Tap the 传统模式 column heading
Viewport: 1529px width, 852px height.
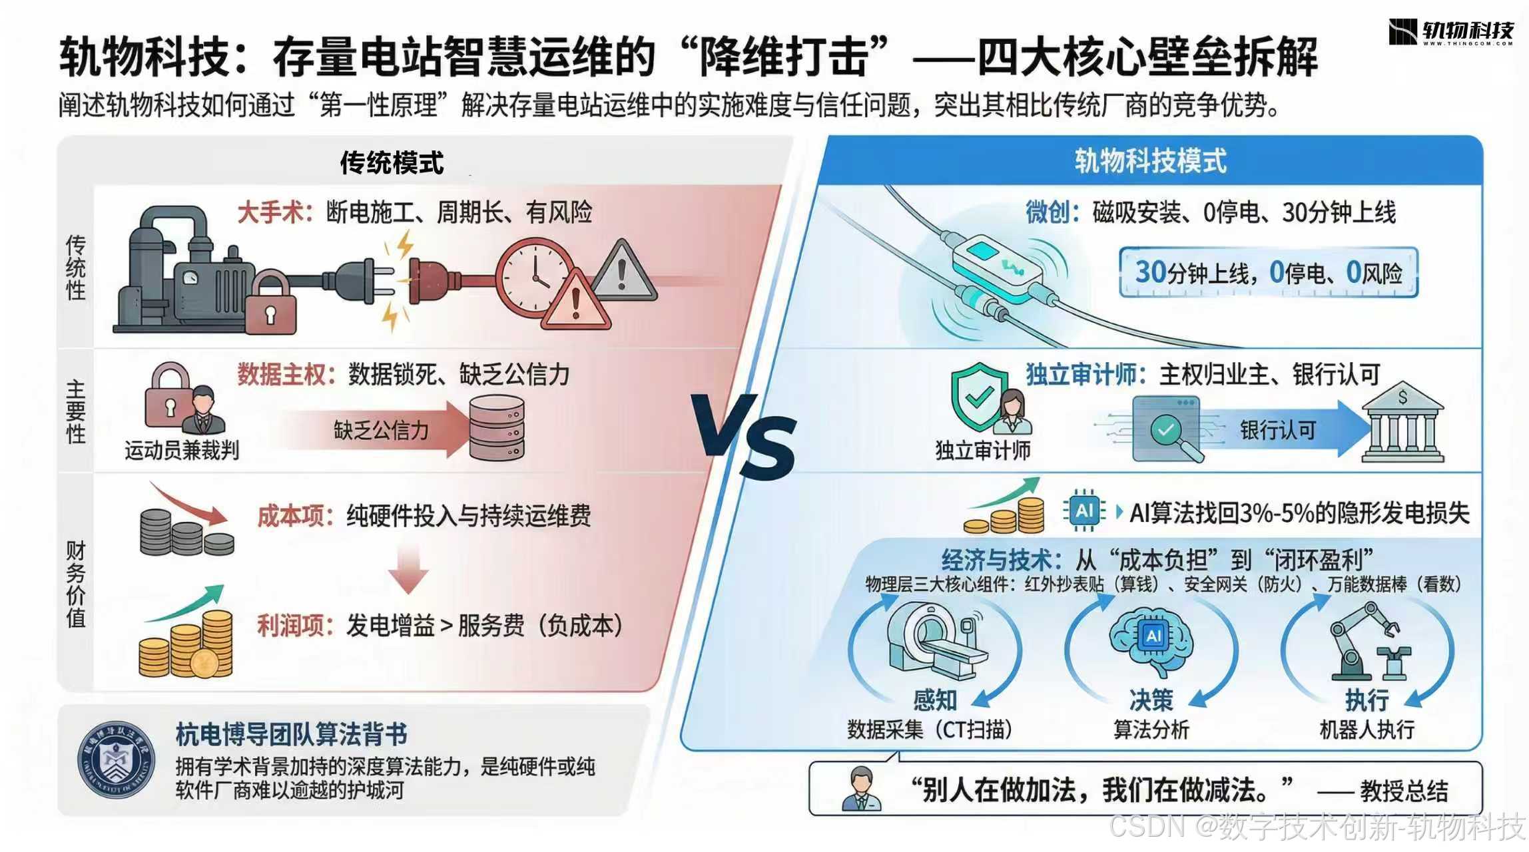392,162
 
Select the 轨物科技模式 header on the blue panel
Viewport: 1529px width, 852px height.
1150,161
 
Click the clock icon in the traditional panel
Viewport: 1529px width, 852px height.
533,276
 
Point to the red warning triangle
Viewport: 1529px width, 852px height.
575,303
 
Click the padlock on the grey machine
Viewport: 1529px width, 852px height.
270,303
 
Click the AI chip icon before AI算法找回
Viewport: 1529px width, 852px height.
1084,511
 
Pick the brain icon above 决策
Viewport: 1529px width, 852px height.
1151,639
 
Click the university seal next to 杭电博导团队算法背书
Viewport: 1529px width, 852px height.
116,760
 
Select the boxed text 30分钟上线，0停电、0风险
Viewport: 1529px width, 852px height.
1268,273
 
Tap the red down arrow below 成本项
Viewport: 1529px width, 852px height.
408,569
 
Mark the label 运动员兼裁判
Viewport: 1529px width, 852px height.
182,451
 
